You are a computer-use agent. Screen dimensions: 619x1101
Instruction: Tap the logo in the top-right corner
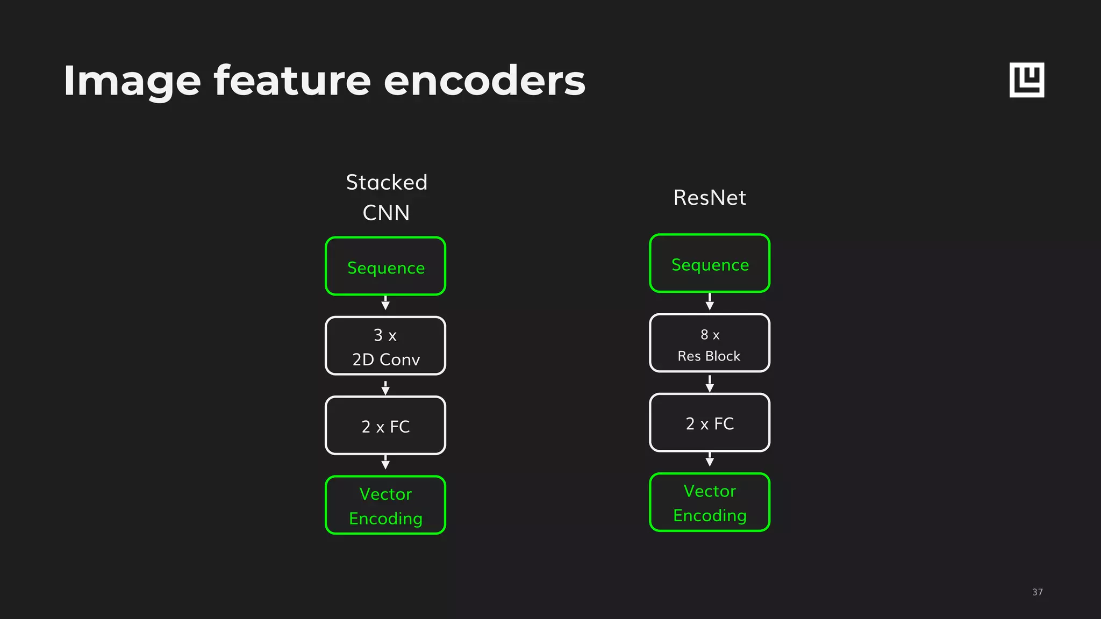point(1026,80)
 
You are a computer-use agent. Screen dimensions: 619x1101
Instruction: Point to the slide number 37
point(1037,592)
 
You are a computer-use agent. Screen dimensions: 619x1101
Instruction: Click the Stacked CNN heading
point(386,197)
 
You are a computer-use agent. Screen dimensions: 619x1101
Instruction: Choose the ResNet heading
point(710,198)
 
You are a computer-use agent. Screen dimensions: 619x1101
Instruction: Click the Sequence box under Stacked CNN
point(385,267)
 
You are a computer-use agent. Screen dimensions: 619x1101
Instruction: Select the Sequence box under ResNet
point(710,263)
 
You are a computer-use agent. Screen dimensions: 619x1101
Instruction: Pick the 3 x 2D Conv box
point(385,346)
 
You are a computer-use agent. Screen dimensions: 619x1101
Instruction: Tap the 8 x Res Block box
point(710,343)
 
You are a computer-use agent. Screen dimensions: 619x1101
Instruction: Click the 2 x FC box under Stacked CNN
point(385,426)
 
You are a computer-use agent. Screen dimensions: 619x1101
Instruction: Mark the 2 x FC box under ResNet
point(710,423)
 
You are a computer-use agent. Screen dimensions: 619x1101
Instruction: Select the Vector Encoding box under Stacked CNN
point(385,505)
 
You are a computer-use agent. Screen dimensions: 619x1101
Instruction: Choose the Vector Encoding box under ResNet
point(710,502)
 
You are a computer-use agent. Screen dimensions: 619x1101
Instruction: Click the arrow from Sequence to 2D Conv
point(385,303)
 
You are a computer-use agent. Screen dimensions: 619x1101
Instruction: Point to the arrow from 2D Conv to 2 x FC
point(385,387)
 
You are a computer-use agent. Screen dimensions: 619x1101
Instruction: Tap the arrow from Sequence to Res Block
point(710,302)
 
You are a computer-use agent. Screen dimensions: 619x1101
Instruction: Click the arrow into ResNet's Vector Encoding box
point(710,459)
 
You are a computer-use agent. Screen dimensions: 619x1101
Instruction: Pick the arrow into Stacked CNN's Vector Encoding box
point(385,463)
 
